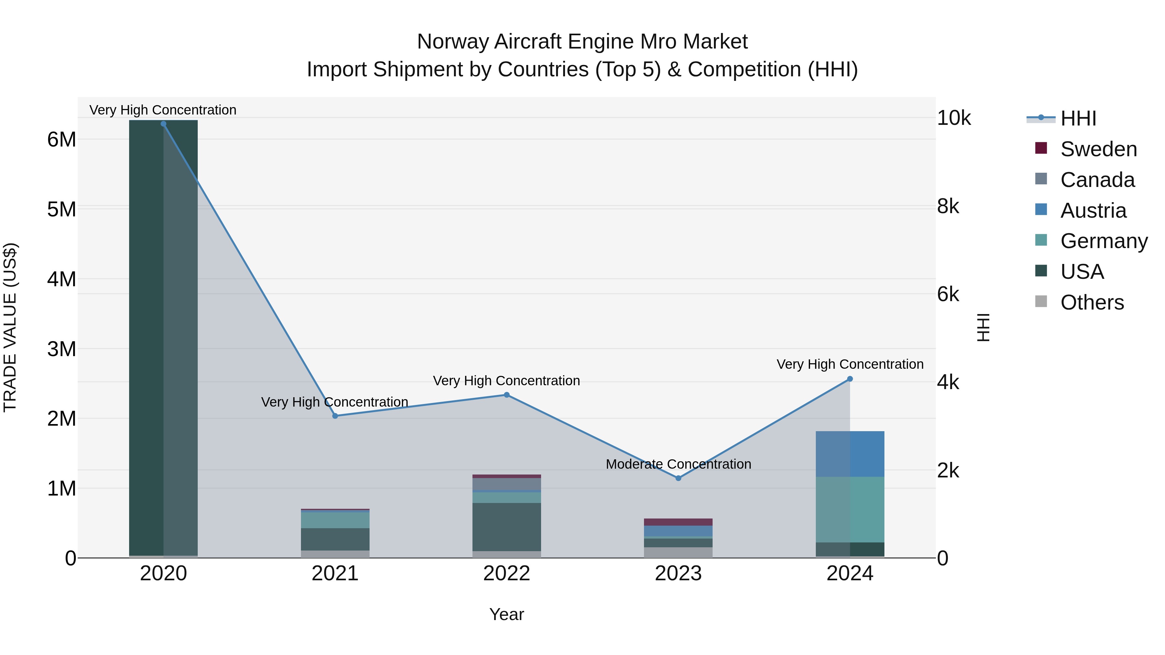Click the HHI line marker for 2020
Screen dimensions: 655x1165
click(x=163, y=124)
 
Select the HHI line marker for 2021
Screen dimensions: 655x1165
click(x=335, y=416)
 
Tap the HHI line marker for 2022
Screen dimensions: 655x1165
click(x=506, y=395)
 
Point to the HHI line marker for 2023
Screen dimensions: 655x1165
click(x=678, y=478)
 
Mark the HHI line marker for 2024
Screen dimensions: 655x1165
click(x=850, y=379)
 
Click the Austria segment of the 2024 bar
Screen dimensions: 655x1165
click(x=850, y=454)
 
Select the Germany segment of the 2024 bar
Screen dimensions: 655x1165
click(x=850, y=509)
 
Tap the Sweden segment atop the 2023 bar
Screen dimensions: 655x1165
click(x=678, y=522)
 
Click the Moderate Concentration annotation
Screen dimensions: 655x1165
click(x=678, y=464)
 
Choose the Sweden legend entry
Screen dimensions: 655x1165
click(x=1098, y=149)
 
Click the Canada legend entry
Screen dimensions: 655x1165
click(x=1097, y=180)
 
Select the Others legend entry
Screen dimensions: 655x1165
click(x=1092, y=302)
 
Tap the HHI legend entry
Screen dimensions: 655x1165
click(x=1078, y=118)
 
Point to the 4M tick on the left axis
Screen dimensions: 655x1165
click(x=61, y=279)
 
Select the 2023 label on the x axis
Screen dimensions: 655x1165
click(x=678, y=573)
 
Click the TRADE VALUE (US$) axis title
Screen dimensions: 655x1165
click(x=10, y=327)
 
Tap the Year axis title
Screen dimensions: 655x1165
click(x=506, y=614)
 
